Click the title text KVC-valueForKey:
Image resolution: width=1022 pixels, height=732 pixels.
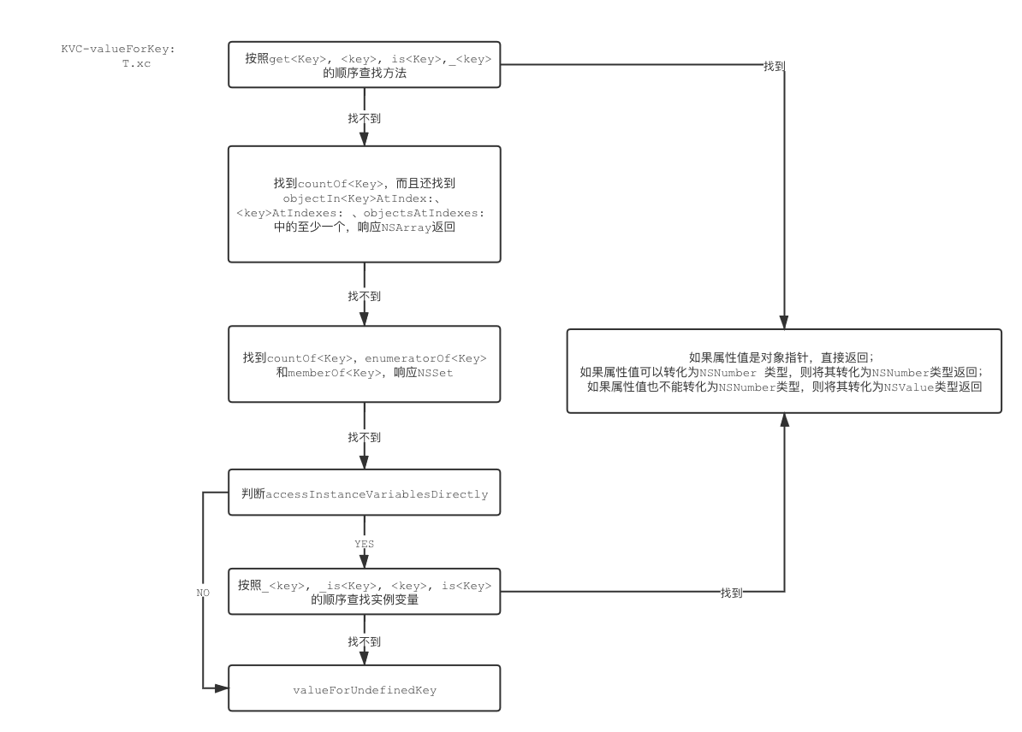point(117,49)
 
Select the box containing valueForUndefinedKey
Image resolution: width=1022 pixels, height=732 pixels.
point(364,689)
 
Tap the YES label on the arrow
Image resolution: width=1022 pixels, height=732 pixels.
point(364,544)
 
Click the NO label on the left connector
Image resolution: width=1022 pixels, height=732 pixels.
point(203,592)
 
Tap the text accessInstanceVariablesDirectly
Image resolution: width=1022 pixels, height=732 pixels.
point(377,494)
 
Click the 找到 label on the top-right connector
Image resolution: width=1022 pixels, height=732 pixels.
point(774,66)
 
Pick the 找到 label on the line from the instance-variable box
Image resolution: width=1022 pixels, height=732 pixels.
point(731,593)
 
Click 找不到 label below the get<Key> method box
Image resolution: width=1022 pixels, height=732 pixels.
point(364,118)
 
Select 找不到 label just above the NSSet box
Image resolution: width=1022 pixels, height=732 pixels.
point(364,295)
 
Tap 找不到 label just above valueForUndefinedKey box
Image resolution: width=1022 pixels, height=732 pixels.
point(364,640)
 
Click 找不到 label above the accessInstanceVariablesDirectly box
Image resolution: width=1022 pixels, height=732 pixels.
point(364,437)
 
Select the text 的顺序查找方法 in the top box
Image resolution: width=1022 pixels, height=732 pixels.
point(364,74)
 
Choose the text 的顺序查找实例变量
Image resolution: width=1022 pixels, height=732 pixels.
point(364,600)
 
